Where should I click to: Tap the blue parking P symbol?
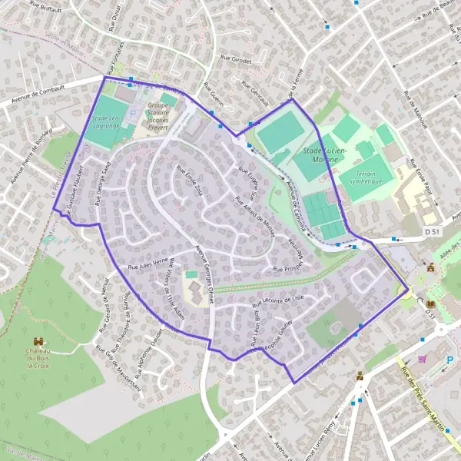tap(449, 360)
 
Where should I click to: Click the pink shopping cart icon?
tap(422, 358)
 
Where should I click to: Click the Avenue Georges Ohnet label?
tap(204, 274)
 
